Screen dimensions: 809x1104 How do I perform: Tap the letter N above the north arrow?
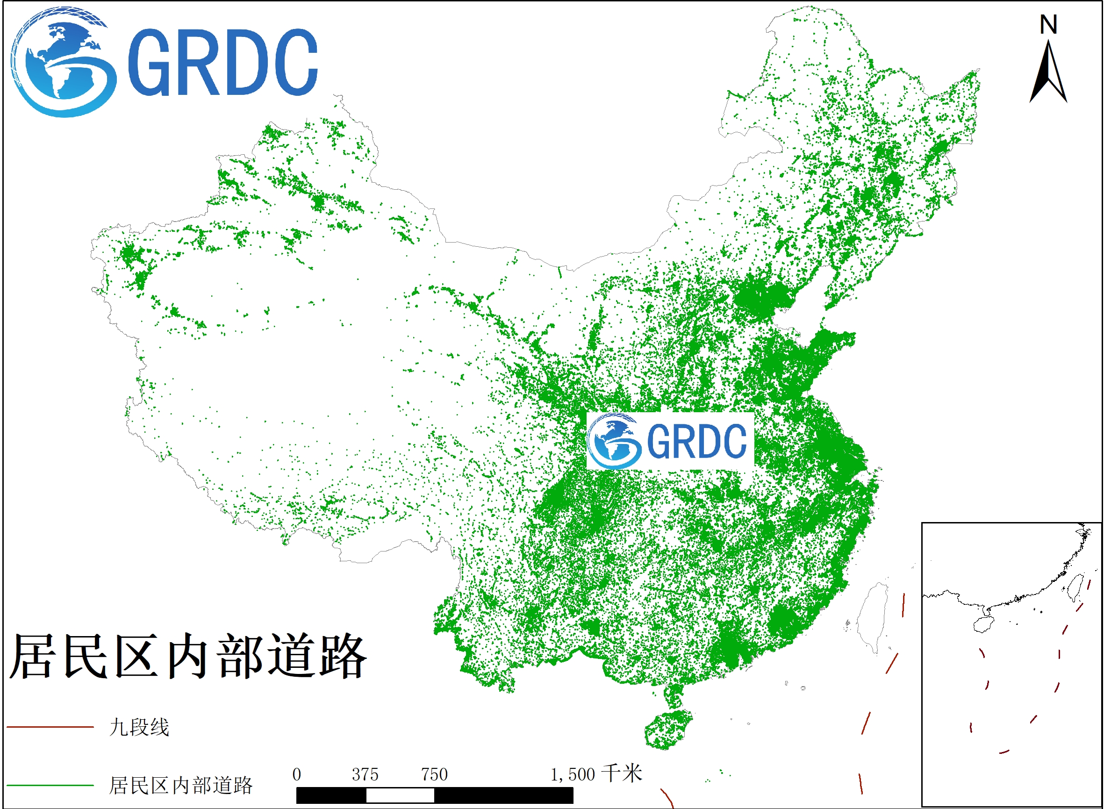(x=1048, y=24)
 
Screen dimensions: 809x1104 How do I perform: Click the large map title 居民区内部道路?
(x=188, y=656)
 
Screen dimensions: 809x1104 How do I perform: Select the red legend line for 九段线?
(x=50, y=727)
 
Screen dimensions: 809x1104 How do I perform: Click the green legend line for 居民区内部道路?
(x=50, y=786)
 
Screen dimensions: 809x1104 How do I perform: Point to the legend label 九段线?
(x=139, y=727)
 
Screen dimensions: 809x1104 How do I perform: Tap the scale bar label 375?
(x=365, y=775)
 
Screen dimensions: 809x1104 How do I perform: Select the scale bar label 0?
(x=297, y=775)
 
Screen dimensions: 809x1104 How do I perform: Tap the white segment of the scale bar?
(x=400, y=796)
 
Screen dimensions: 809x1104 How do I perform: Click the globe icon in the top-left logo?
(x=64, y=62)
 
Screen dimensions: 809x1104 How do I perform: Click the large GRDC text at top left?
(x=223, y=62)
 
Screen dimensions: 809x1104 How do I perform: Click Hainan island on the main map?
(x=667, y=730)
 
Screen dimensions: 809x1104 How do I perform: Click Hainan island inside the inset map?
(x=983, y=624)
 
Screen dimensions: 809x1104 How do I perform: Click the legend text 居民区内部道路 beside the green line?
(x=180, y=786)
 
